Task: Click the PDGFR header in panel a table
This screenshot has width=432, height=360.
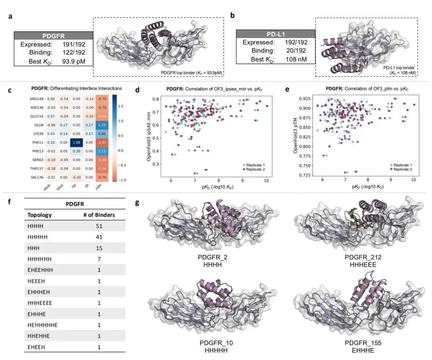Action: [x=54, y=36]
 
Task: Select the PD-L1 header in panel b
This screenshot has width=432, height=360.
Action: [x=275, y=34]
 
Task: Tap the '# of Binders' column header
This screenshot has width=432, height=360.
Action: [x=97, y=215]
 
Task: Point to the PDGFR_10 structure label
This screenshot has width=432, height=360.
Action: [x=216, y=343]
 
